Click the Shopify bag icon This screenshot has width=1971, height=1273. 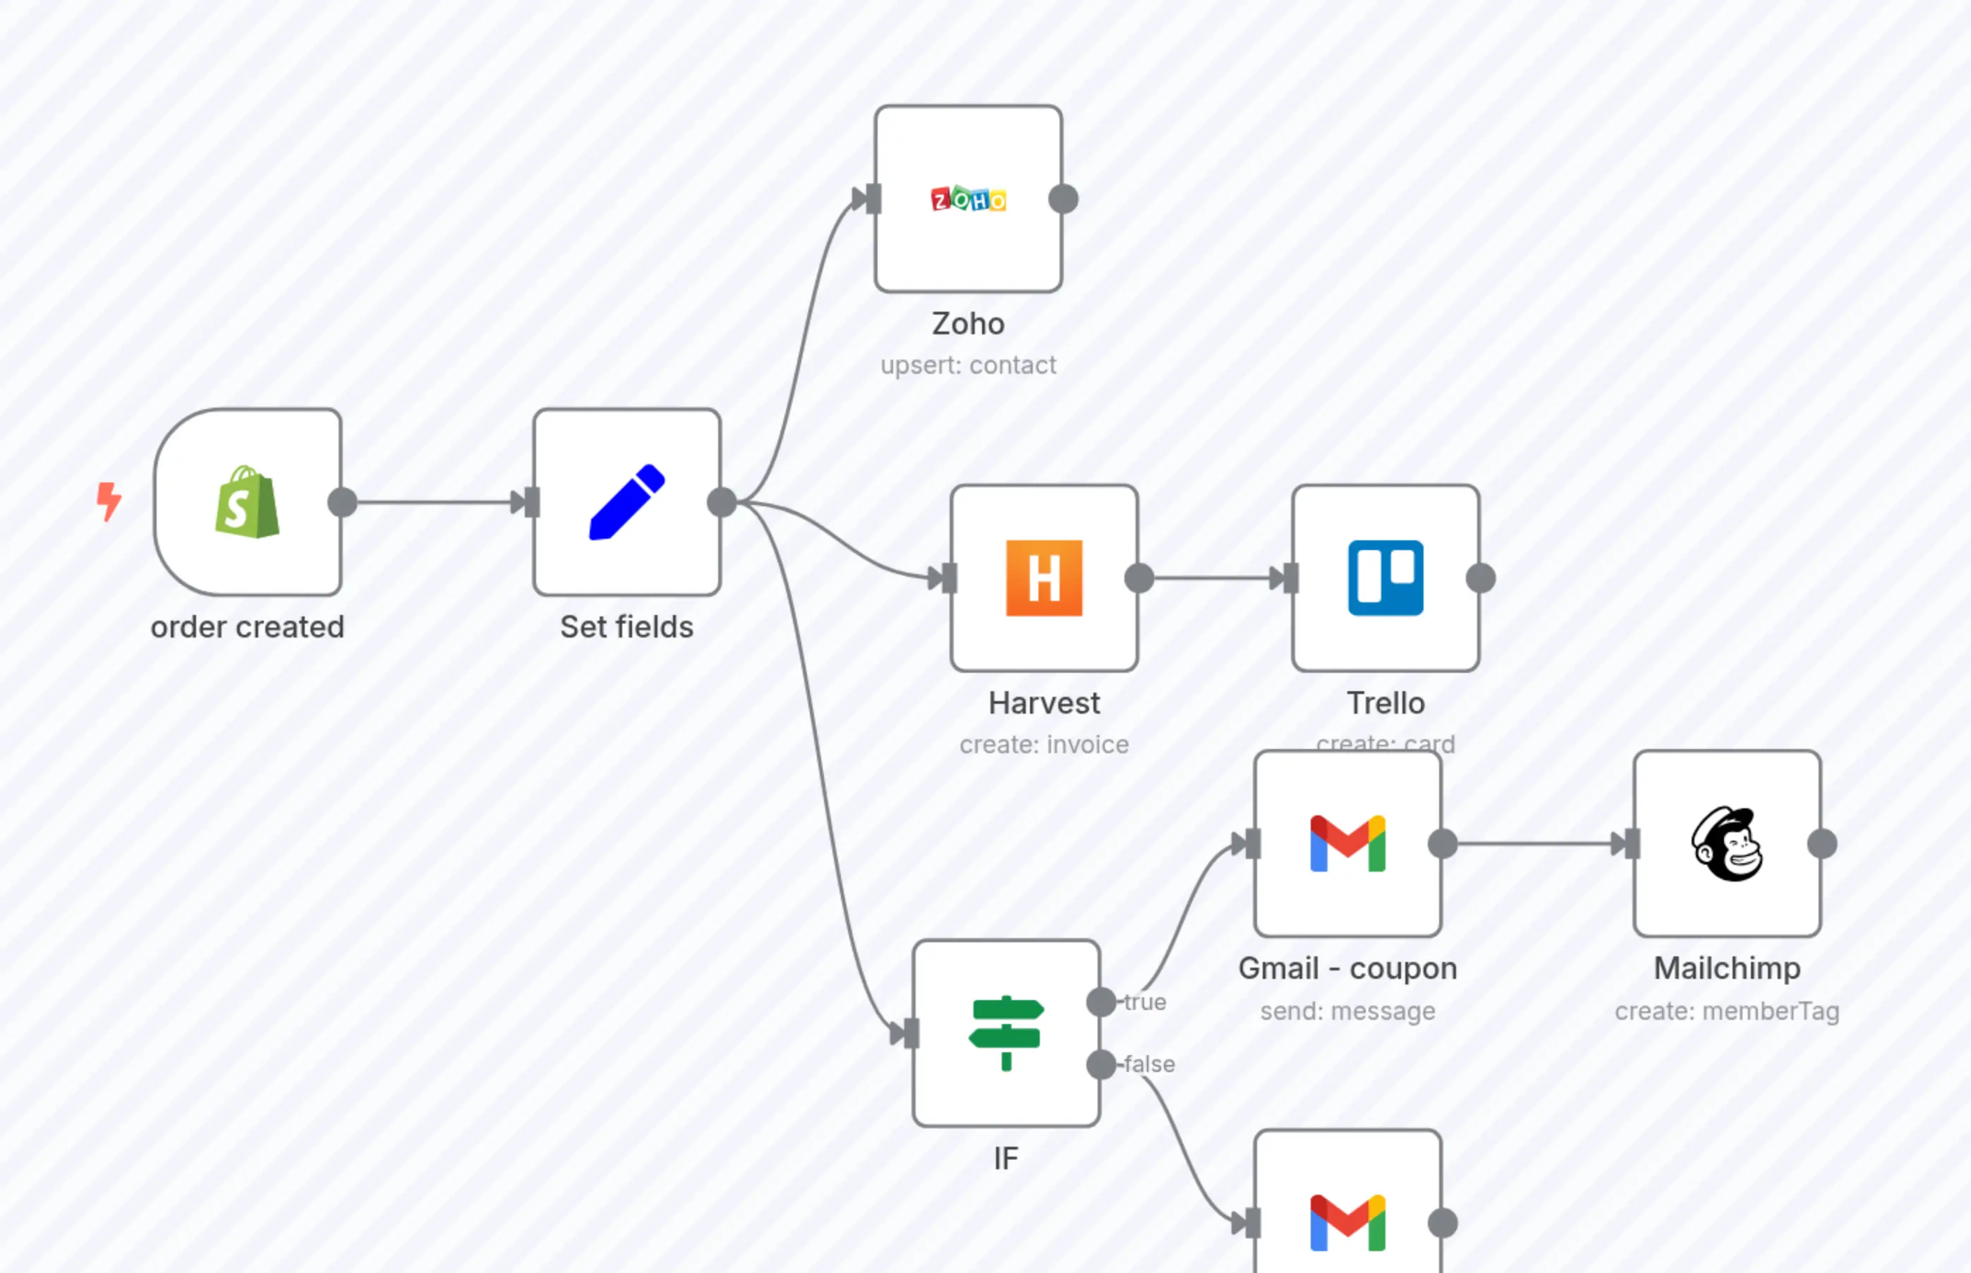pos(246,501)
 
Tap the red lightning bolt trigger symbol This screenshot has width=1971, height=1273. pos(109,501)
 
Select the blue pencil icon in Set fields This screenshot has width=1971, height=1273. pos(626,501)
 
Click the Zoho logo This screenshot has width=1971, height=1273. pos(968,199)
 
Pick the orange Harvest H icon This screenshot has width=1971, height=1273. pos(1043,578)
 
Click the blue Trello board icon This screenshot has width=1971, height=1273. pos(1385,578)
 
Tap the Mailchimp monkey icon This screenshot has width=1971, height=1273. pos(1726,843)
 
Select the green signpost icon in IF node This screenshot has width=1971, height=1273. pos(1006,1033)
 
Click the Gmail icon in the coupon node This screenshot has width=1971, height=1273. pos(1347,843)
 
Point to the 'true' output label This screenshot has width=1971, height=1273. pos(1145,1002)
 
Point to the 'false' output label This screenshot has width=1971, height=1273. pos(1149,1064)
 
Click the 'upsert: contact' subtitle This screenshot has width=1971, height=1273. pos(968,365)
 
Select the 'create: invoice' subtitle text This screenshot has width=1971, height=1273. pos(1043,745)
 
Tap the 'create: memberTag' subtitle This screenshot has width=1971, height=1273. pos(1726,1011)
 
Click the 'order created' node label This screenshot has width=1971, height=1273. pos(247,626)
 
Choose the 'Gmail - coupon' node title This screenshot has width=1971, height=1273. pos(1347,968)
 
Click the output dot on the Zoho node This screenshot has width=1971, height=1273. pos(1063,199)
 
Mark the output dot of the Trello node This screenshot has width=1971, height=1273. pos(1481,578)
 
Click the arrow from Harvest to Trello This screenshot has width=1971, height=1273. pos(1211,578)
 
